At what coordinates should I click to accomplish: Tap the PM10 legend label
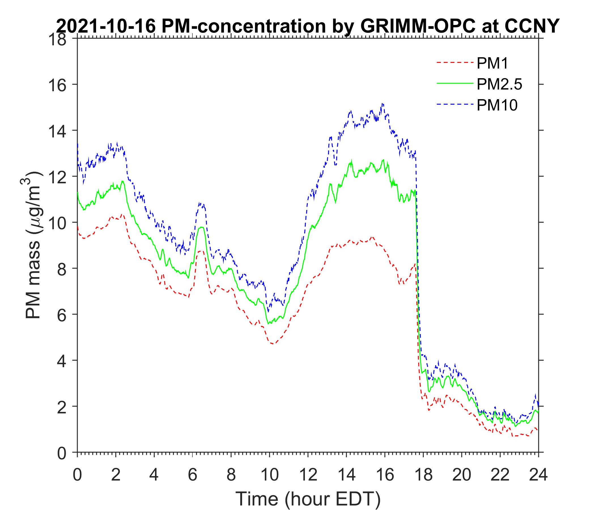pyautogui.click(x=497, y=105)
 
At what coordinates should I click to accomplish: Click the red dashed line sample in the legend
pyautogui.click(x=455, y=62)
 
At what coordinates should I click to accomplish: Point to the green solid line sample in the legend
pyautogui.click(x=455, y=83)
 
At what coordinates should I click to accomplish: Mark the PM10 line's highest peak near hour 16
pyautogui.click(x=382, y=104)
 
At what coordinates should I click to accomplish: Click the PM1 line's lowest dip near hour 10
pyautogui.click(x=272, y=344)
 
